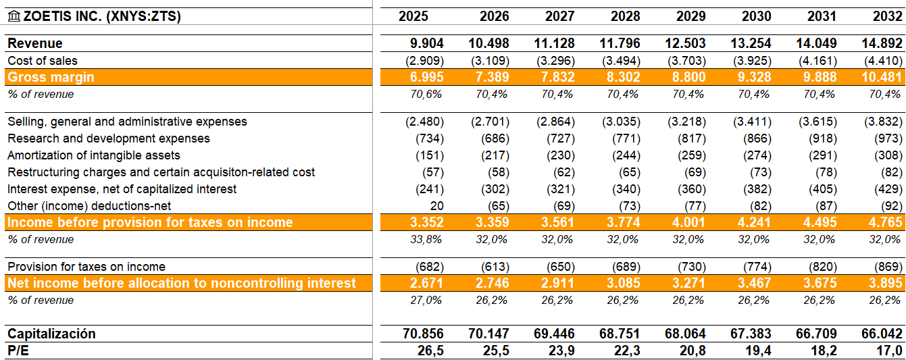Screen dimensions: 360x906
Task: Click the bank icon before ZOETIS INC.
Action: tap(14, 16)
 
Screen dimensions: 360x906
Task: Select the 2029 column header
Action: tap(690, 16)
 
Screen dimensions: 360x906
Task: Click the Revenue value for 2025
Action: tap(427, 43)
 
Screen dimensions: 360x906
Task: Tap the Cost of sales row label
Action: tap(43, 61)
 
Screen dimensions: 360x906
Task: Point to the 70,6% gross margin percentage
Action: tap(427, 95)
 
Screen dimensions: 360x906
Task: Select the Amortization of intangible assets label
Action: tap(94, 155)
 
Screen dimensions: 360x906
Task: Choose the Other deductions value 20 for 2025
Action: tap(436, 206)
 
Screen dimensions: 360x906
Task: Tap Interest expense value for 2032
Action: tap(886, 189)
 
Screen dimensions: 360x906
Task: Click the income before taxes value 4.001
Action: tap(688, 222)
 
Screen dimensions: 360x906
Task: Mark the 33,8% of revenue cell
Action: tap(427, 240)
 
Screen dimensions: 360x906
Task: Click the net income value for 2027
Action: tap(558, 283)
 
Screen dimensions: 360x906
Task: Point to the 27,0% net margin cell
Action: tap(427, 301)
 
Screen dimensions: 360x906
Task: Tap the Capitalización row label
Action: tap(51, 334)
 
